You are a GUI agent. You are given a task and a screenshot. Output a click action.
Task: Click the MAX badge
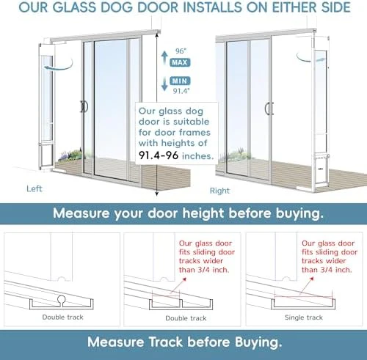pyautogui.click(x=180, y=62)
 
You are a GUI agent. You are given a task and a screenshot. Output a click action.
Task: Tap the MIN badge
pyautogui.click(x=180, y=81)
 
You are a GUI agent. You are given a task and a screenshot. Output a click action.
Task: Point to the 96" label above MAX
pyautogui.click(x=181, y=51)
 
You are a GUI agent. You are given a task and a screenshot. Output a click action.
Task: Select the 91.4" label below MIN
pyautogui.click(x=181, y=91)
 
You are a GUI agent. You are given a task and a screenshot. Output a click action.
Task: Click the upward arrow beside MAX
pyautogui.click(x=164, y=57)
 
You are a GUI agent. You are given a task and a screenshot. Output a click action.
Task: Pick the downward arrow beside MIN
pyautogui.click(x=164, y=84)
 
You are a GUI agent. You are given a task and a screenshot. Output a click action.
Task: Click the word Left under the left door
pyautogui.click(x=34, y=188)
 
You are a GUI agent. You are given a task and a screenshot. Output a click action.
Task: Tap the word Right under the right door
pyautogui.click(x=219, y=191)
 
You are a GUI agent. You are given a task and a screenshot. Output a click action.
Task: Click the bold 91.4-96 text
pyautogui.click(x=159, y=155)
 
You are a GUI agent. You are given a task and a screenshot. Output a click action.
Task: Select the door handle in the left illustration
pyautogui.click(x=84, y=106)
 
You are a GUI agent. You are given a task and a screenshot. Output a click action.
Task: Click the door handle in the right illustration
pyautogui.click(x=269, y=109)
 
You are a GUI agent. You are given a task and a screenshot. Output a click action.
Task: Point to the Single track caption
pyautogui.click(x=304, y=317)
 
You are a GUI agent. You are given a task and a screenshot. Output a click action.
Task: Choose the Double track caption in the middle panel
pyautogui.click(x=186, y=318)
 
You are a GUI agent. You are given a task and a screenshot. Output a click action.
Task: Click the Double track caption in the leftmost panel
pyautogui.click(x=63, y=317)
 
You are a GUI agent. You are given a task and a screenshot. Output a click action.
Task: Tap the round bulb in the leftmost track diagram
pyautogui.click(x=62, y=300)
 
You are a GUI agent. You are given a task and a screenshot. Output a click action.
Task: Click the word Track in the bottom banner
pyautogui.click(x=166, y=342)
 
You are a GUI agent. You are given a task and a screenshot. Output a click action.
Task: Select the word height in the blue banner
pyautogui.click(x=203, y=213)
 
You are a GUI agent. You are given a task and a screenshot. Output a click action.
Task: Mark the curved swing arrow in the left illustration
pyautogui.click(x=59, y=65)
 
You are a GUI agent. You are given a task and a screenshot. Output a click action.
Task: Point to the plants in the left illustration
pyautogui.click(x=70, y=155)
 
